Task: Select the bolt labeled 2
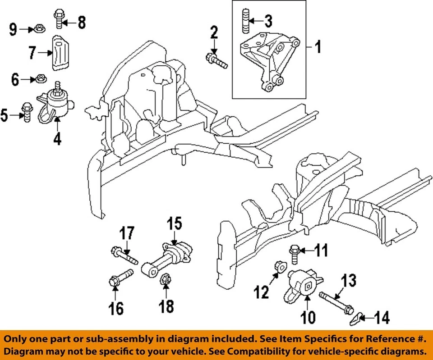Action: click(216, 60)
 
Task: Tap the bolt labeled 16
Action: click(120, 277)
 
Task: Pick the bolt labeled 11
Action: click(294, 252)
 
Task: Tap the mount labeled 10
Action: click(304, 283)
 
